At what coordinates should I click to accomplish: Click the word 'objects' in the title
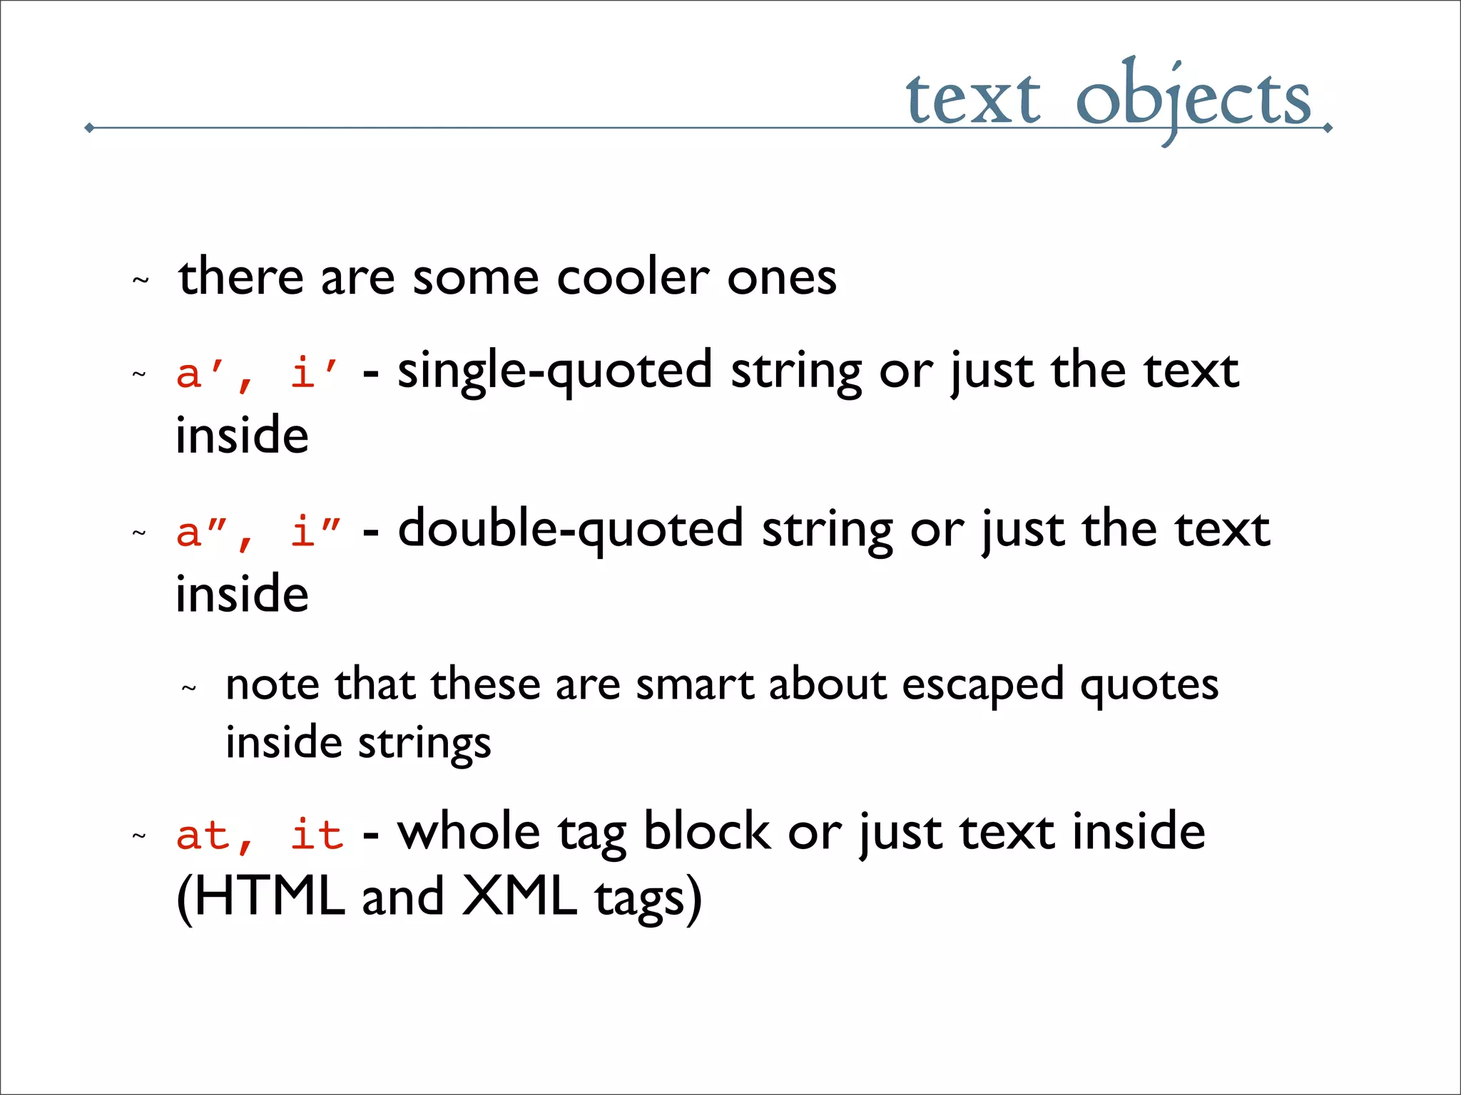pos(1193,100)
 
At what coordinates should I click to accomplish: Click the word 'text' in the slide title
pos(973,100)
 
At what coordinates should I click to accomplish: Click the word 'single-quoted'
pos(554,371)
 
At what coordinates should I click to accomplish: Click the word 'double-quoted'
pos(570,530)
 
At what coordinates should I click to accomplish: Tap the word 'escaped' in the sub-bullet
pos(982,686)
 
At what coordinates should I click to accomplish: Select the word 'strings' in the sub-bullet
pos(424,744)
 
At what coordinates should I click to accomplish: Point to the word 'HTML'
pos(270,897)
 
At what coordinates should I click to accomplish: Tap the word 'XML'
pos(519,897)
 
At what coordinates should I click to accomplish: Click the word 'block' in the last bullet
pos(706,832)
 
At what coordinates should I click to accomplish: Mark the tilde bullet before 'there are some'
pos(141,280)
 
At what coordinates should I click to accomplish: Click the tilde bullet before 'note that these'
pos(188,689)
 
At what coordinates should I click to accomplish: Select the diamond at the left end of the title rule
pos(89,128)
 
